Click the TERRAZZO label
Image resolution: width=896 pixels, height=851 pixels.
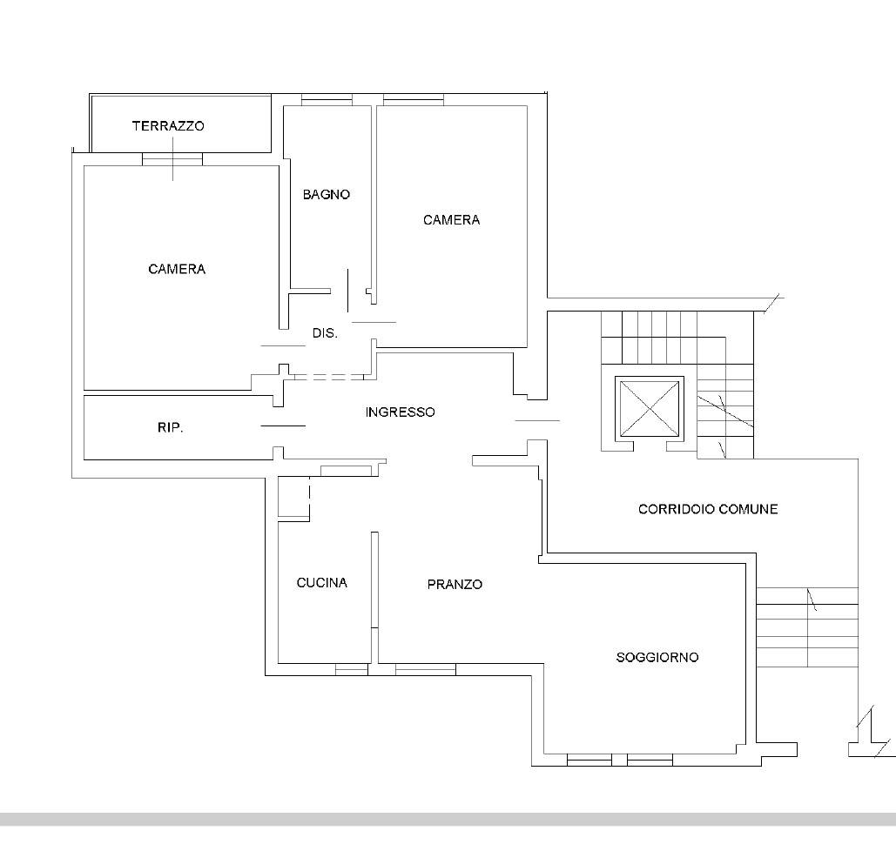pyautogui.click(x=168, y=125)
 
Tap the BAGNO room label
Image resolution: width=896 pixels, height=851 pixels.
pyautogui.click(x=327, y=194)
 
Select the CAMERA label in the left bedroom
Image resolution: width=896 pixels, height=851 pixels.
pyautogui.click(x=177, y=269)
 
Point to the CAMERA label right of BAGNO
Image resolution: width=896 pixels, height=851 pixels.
pyautogui.click(x=451, y=220)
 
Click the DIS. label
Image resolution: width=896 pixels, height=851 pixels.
pyautogui.click(x=325, y=333)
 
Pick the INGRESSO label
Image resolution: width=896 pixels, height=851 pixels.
pyautogui.click(x=400, y=412)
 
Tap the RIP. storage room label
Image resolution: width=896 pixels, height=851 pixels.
pyautogui.click(x=171, y=427)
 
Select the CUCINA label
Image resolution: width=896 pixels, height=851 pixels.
pyautogui.click(x=321, y=583)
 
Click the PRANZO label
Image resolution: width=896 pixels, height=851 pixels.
pyautogui.click(x=455, y=584)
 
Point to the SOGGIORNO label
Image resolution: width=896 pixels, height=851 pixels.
pyautogui.click(x=657, y=657)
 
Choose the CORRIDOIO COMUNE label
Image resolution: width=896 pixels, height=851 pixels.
pyautogui.click(x=708, y=509)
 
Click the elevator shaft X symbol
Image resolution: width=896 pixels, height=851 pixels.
pyautogui.click(x=650, y=409)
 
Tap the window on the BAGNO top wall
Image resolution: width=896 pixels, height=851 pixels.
pyautogui.click(x=327, y=101)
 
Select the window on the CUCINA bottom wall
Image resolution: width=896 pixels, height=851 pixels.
pyautogui.click(x=352, y=669)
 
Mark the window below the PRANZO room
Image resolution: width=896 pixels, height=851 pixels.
pyautogui.click(x=426, y=669)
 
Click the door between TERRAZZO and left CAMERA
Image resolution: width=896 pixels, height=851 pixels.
pyautogui.click(x=172, y=158)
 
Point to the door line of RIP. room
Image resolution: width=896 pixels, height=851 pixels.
pyautogui.click(x=283, y=425)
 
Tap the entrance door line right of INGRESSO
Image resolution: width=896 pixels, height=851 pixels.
pyautogui.click(x=537, y=420)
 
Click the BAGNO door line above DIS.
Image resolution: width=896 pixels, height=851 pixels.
pyautogui.click(x=348, y=291)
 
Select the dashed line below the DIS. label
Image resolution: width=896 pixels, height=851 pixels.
pyautogui.click(x=329, y=377)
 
